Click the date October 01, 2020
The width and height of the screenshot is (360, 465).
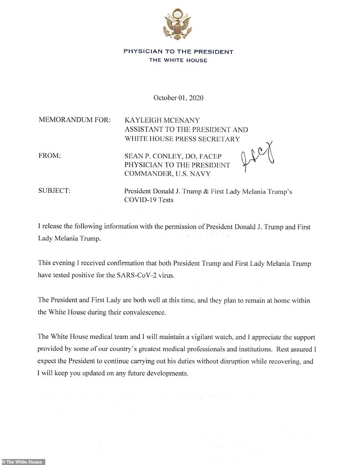(178, 98)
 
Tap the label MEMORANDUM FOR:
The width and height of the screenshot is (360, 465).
(74, 120)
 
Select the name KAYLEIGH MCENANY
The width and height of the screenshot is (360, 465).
(162, 120)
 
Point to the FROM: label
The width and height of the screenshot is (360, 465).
(49, 156)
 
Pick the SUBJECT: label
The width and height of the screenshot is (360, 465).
(54, 191)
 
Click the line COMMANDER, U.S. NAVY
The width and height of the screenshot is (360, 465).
(167, 174)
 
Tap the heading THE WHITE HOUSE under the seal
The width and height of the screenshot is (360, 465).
(178, 60)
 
